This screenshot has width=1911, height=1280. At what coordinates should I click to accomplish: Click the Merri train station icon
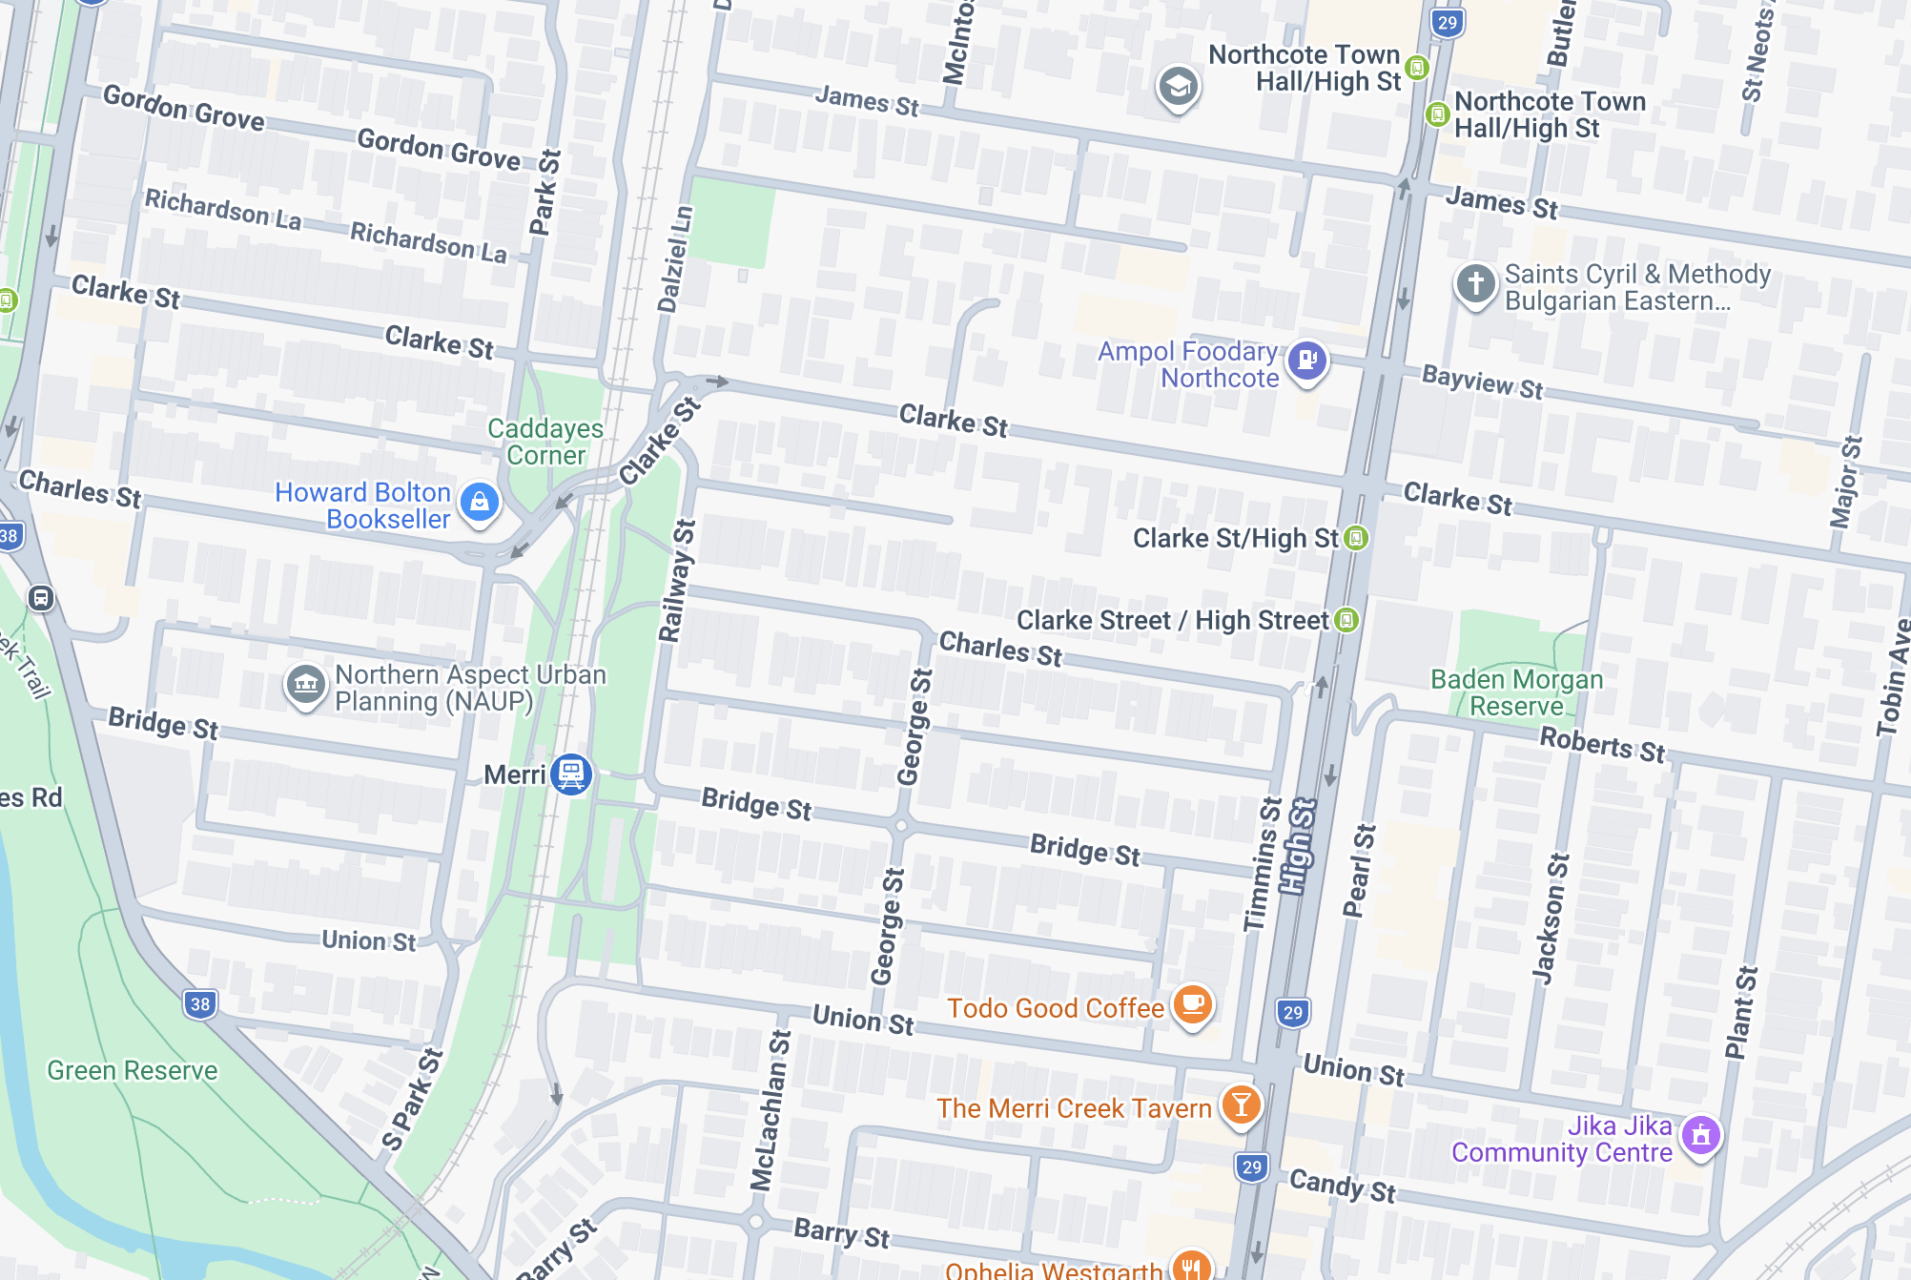point(571,774)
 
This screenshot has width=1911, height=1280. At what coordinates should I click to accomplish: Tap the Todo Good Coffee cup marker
point(1192,1004)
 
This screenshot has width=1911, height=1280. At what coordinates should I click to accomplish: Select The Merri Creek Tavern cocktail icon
point(1240,1105)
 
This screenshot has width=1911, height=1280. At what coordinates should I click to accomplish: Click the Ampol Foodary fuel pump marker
point(1307,361)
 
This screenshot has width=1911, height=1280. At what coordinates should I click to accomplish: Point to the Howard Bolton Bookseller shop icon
point(480,502)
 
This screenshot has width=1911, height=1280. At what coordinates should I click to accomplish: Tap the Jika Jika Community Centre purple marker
point(1701,1135)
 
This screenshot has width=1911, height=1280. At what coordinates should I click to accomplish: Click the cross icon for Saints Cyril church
point(1475,283)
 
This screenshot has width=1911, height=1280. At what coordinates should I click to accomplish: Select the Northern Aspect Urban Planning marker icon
point(306,684)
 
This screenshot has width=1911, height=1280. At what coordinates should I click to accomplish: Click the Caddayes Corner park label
point(545,442)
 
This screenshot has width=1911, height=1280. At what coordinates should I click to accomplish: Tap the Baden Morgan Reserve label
point(1516,692)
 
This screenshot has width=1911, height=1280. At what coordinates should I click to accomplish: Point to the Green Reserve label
point(133,1070)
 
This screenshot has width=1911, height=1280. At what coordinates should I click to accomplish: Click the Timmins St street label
point(1263,864)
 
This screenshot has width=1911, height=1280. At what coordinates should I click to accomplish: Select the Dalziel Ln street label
point(675,258)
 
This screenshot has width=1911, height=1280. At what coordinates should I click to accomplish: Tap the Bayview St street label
point(1482,382)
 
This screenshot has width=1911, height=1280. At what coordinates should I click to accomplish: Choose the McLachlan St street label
point(771,1110)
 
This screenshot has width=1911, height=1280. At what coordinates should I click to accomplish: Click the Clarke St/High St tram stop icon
point(1356,538)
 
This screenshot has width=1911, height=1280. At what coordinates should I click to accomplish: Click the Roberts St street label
point(1602,744)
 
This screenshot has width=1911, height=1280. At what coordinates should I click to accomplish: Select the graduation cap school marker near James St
point(1178,87)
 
